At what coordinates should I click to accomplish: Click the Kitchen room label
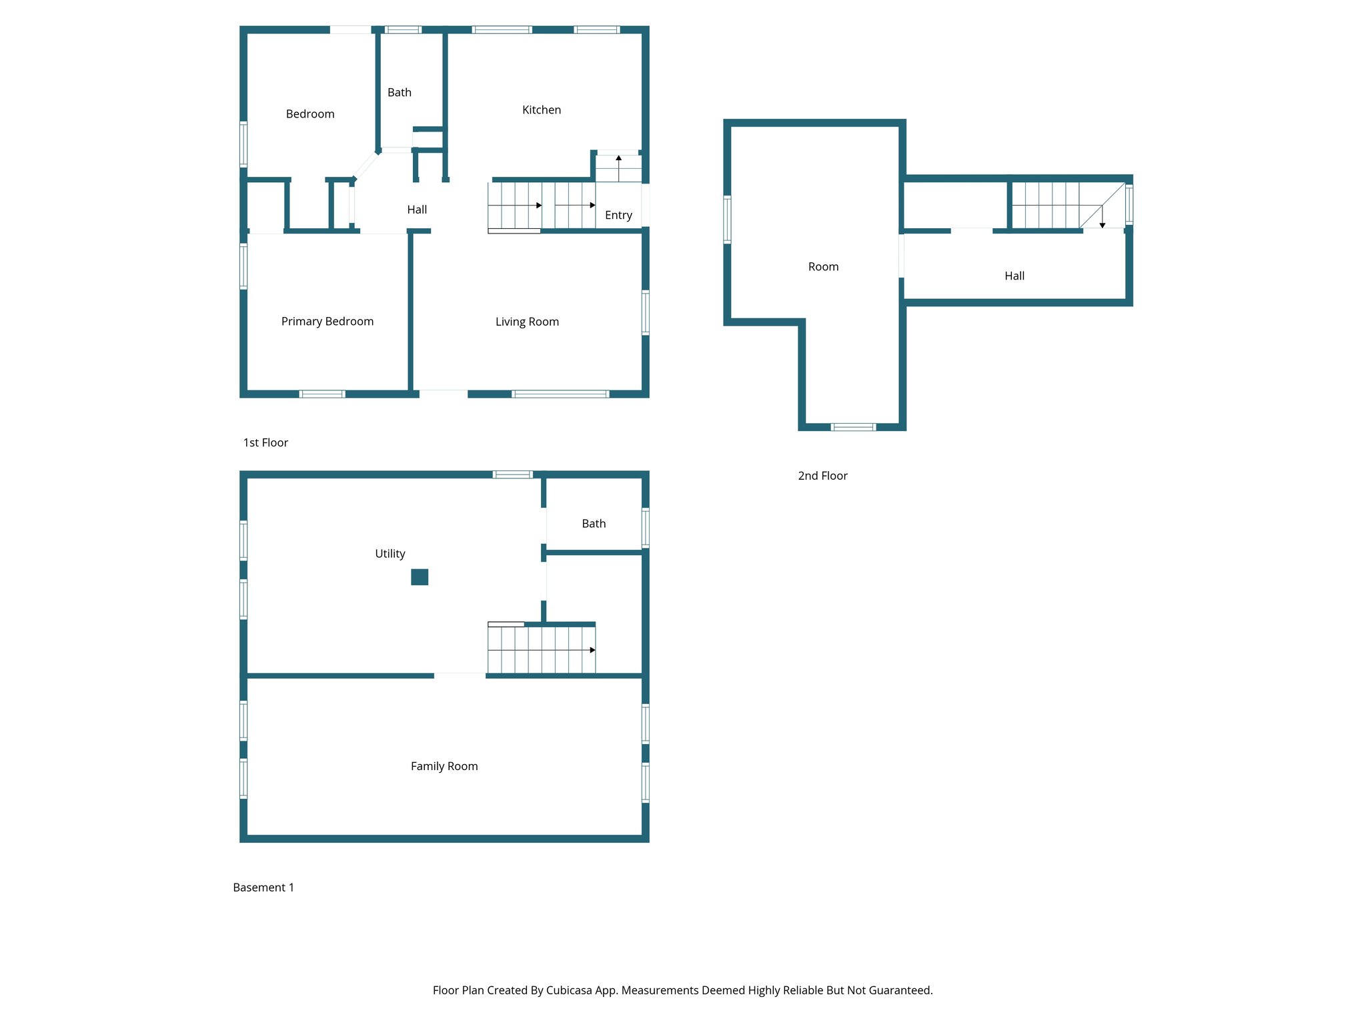[x=541, y=110]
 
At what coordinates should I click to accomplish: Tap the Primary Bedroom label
[x=327, y=322]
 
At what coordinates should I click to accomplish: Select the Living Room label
[x=527, y=322]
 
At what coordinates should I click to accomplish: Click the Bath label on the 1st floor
[x=399, y=93]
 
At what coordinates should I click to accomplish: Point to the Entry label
[x=618, y=215]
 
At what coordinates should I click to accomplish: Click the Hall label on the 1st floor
[x=417, y=210]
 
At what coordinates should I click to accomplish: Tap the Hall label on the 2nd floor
[x=1014, y=276]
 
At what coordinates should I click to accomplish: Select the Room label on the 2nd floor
[x=823, y=267]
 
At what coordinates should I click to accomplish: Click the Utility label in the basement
[x=390, y=554]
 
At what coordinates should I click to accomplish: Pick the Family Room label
[x=444, y=766]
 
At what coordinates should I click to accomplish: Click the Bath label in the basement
[x=594, y=524]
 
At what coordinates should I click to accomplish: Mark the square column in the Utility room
[x=420, y=577]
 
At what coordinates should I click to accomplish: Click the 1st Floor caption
[x=265, y=442]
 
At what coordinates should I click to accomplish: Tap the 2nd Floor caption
[x=822, y=476]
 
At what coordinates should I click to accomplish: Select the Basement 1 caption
[x=263, y=888]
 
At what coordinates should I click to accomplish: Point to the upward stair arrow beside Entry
[x=618, y=159]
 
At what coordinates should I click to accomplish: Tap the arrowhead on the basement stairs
[x=592, y=650]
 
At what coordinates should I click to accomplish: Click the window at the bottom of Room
[x=853, y=427]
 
